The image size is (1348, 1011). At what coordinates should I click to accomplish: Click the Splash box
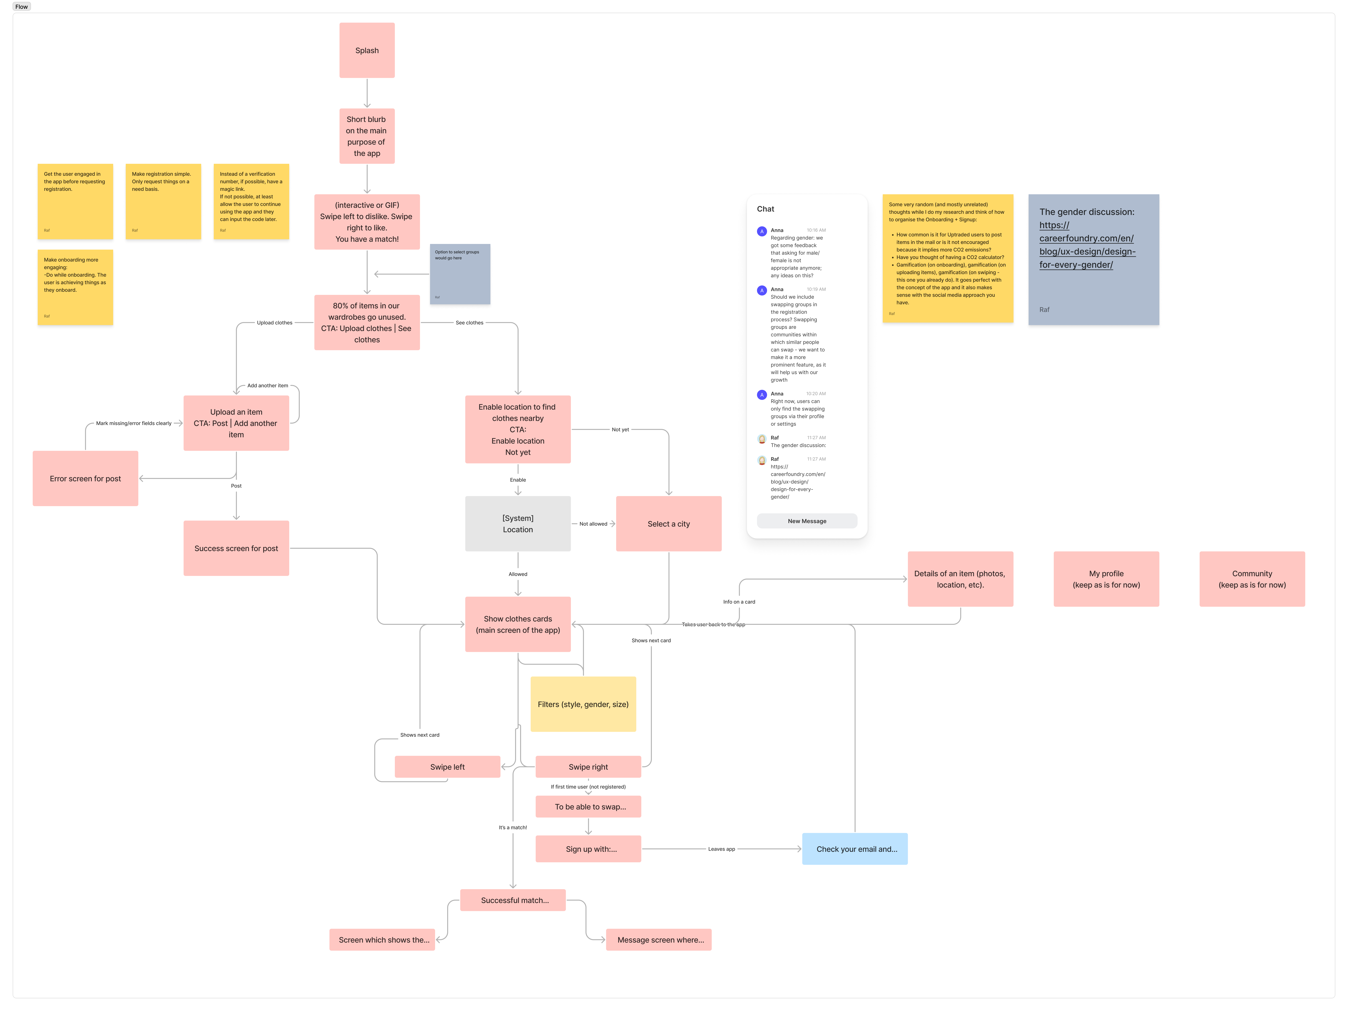click(x=367, y=51)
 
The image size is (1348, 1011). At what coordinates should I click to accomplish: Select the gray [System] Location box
click(x=517, y=523)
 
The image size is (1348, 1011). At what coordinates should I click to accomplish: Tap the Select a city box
click(x=668, y=523)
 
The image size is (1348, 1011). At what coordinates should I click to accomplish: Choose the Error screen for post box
click(x=85, y=478)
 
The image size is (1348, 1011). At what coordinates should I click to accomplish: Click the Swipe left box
click(x=447, y=767)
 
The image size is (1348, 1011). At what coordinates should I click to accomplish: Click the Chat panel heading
click(x=765, y=209)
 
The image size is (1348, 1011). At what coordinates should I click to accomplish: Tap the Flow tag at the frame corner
click(x=21, y=7)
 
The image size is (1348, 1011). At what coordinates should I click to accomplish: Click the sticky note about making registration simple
click(x=163, y=201)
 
